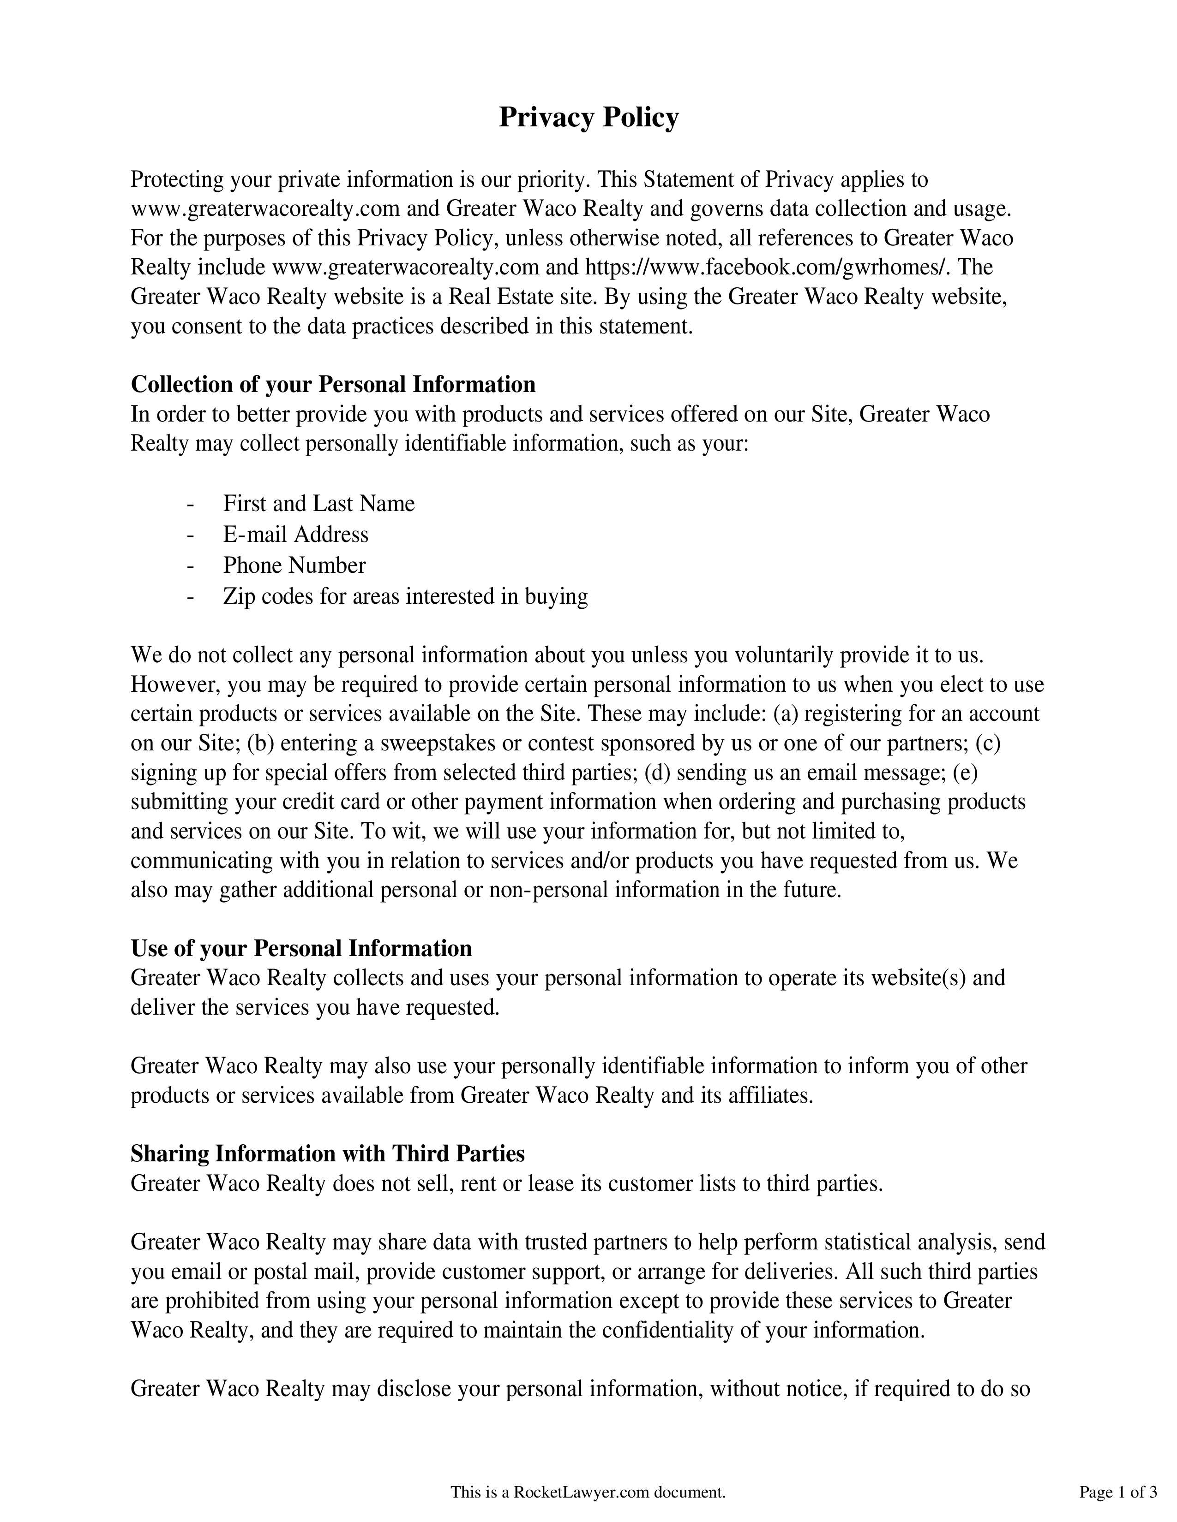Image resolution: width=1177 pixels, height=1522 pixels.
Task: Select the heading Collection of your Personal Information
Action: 333,385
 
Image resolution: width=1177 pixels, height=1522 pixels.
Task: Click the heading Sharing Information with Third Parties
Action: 327,1154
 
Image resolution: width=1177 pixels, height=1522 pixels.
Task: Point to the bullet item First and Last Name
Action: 318,503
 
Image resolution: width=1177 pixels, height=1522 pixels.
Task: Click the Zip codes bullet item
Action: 405,596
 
